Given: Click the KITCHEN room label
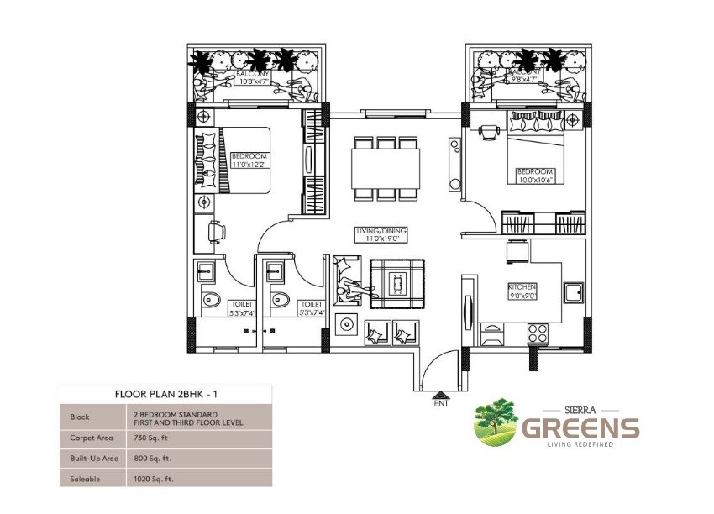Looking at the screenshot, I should (522, 286).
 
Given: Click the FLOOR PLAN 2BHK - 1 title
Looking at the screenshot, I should (165, 393).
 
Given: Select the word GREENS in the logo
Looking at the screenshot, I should (580, 427).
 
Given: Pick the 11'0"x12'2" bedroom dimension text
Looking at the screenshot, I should (249, 165).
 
